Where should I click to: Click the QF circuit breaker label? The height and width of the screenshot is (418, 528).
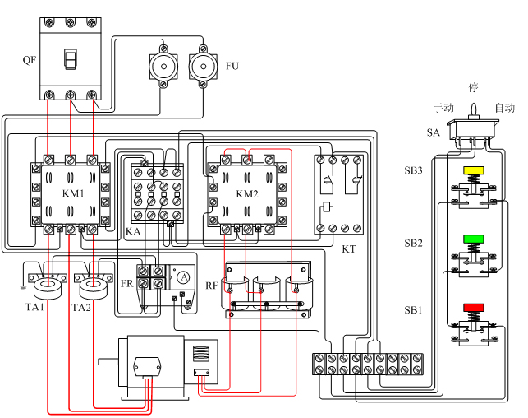[30, 60]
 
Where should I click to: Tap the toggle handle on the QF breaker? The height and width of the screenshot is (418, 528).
[71, 60]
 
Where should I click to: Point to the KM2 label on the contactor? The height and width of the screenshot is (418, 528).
[247, 193]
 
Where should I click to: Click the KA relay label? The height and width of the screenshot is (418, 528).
[133, 233]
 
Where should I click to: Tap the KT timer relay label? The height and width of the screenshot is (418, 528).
[348, 248]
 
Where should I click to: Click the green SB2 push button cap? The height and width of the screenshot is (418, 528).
[474, 239]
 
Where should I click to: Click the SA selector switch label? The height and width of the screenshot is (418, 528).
[434, 132]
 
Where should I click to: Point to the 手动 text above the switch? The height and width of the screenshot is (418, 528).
[443, 109]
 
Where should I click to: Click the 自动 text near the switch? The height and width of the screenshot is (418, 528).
[503, 109]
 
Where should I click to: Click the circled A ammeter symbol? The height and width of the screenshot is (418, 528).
[185, 278]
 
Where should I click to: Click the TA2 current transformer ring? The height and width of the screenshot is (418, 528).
[93, 287]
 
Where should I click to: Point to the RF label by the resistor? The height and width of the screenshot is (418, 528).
[212, 286]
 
